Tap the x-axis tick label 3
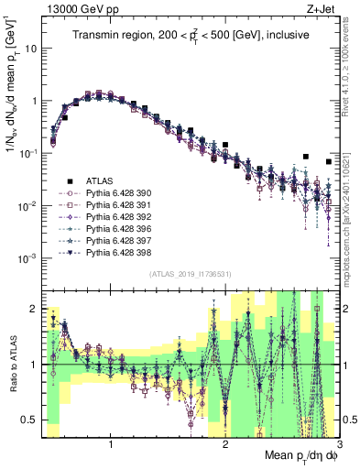(x=338, y=444)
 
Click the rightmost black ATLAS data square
(x=329, y=162)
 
